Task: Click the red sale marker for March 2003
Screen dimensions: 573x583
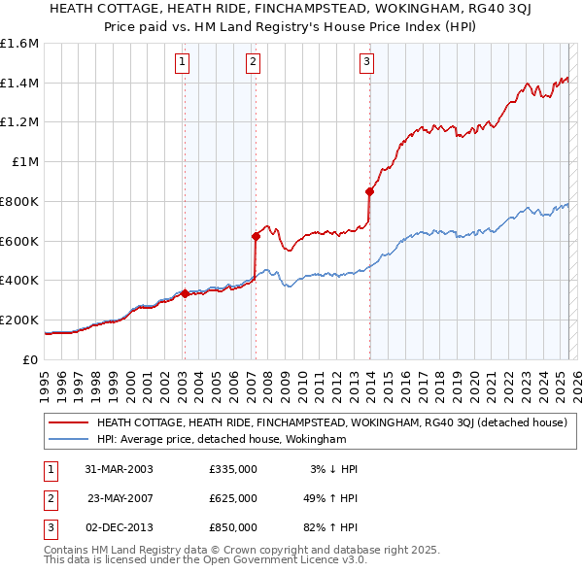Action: pos(185,292)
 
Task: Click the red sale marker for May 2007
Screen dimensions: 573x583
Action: pos(256,235)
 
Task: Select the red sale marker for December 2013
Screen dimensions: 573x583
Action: pos(369,190)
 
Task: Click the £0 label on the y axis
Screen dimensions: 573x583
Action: pos(31,359)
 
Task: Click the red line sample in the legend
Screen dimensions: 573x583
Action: pos(66,422)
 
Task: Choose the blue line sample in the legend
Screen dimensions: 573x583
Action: pos(66,439)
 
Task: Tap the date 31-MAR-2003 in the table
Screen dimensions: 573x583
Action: pos(120,469)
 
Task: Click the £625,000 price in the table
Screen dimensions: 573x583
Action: pos(233,498)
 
